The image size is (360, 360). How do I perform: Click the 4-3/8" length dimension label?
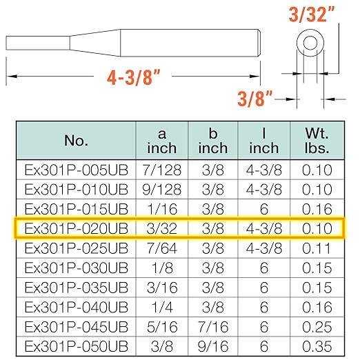pyautogui.click(x=133, y=77)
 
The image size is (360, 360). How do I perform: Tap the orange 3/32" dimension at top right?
pyautogui.click(x=311, y=14)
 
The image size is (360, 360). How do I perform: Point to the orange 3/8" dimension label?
pyautogui.click(x=255, y=99)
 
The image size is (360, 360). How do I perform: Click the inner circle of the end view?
pyautogui.click(x=310, y=43)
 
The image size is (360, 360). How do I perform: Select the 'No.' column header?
pyautogui.click(x=76, y=141)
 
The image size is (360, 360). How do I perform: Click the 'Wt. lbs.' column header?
pyautogui.click(x=317, y=141)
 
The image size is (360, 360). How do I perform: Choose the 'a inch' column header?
pyautogui.click(x=162, y=141)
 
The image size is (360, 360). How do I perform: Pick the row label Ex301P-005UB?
pyautogui.click(x=76, y=170)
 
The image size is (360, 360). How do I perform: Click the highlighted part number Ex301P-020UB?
pyautogui.click(x=76, y=229)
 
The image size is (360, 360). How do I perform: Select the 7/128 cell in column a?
pyautogui.click(x=162, y=170)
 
